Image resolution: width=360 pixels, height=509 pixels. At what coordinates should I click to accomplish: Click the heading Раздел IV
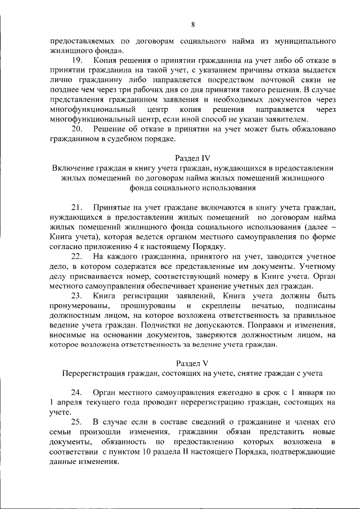pos(193,158)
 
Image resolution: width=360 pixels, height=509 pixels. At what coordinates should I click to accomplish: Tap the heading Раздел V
pos(193,363)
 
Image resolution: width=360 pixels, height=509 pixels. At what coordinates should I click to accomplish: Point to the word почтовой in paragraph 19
pos(277,80)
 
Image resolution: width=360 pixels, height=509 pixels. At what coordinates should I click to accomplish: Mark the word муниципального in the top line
pos(304,41)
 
